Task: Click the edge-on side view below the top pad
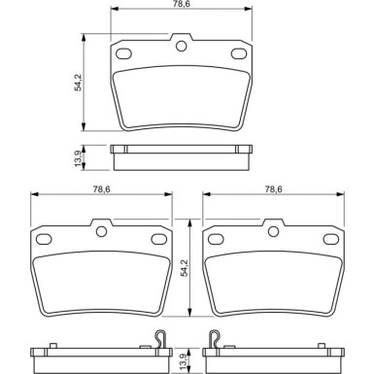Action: click(x=181, y=151)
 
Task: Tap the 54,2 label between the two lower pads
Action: click(x=185, y=265)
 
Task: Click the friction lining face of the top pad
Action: click(x=181, y=92)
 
